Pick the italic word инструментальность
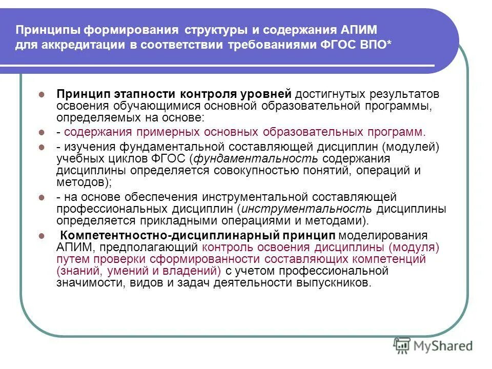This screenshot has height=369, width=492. pyautogui.click(x=306, y=209)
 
